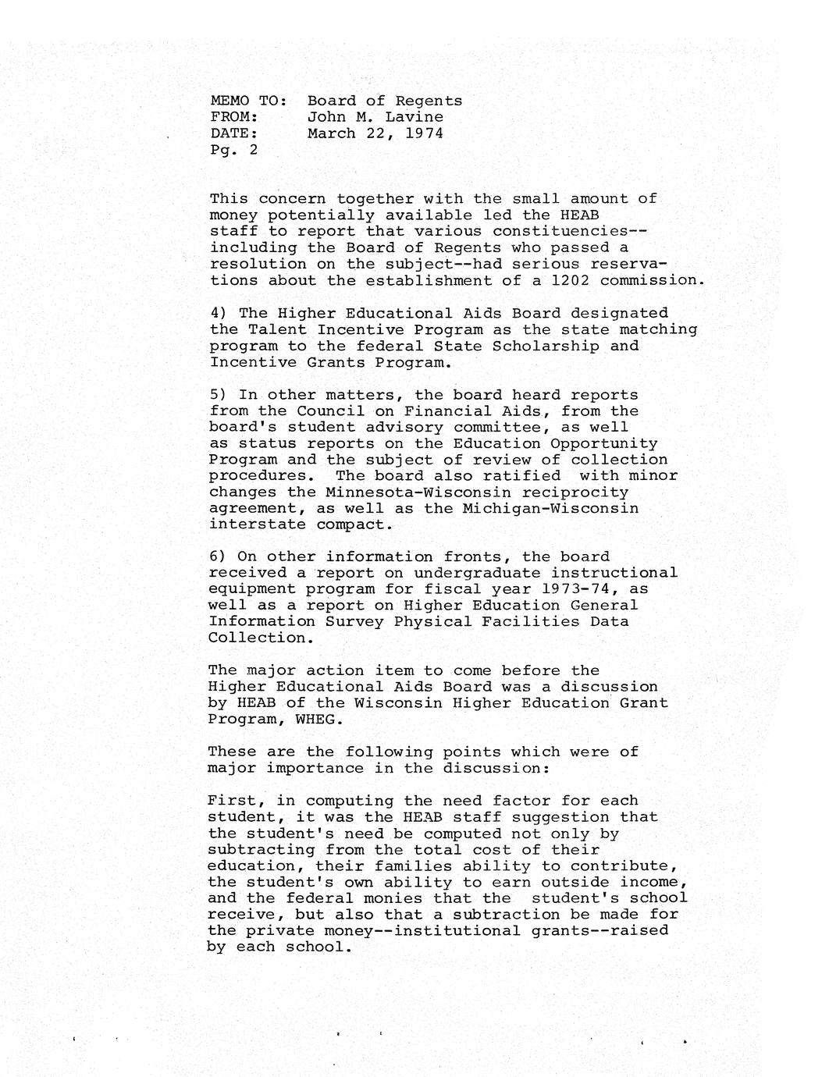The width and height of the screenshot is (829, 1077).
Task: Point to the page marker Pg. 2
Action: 233,150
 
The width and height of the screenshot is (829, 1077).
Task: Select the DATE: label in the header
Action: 234,133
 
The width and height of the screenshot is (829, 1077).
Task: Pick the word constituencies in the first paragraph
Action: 579,231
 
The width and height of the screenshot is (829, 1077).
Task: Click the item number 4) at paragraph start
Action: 219,313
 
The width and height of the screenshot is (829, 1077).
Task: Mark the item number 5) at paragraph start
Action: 219,395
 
